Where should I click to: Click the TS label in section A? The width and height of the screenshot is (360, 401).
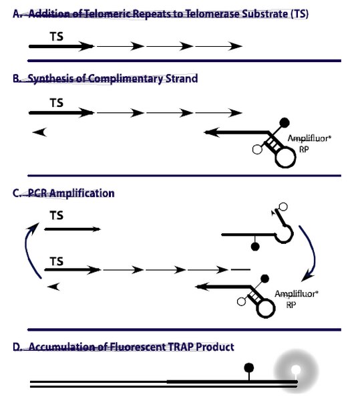(x=57, y=37)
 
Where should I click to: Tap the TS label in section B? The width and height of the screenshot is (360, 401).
(x=57, y=103)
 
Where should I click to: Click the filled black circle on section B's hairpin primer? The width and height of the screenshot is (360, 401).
(x=285, y=123)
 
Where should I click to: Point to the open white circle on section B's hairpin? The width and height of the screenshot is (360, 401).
(x=257, y=149)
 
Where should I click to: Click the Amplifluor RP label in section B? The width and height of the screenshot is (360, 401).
(x=309, y=144)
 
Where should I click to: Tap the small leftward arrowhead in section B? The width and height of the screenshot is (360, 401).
(x=39, y=132)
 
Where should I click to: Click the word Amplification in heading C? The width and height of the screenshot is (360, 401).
(x=81, y=193)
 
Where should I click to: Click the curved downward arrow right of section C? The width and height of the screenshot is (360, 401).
(x=312, y=253)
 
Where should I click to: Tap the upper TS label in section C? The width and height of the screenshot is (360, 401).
(x=57, y=215)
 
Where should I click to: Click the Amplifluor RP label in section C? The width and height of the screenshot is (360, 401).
(x=297, y=299)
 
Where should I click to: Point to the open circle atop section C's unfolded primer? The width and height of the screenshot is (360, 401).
(x=283, y=207)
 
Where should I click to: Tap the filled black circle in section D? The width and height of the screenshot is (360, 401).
(x=249, y=368)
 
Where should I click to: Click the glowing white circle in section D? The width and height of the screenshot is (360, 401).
(x=296, y=370)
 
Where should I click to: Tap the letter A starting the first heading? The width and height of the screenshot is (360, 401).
(x=16, y=14)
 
